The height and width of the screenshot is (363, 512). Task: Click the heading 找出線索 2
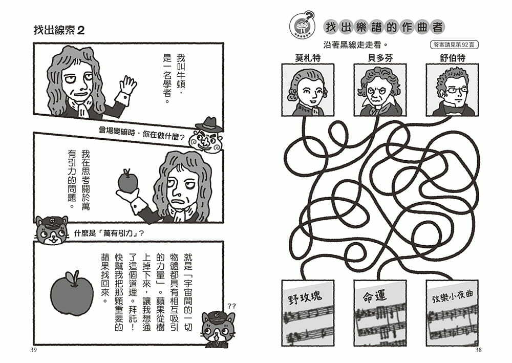(59, 30)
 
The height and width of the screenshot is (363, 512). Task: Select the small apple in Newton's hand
(127, 181)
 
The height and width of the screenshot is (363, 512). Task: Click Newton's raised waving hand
(127, 86)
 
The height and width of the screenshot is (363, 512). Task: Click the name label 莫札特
(308, 58)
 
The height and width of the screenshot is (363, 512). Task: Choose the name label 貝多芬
(380, 58)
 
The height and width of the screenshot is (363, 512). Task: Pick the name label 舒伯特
(452, 58)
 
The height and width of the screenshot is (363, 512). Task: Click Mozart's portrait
(308, 90)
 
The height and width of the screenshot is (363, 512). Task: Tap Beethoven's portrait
(380, 90)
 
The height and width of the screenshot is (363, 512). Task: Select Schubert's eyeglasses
(454, 90)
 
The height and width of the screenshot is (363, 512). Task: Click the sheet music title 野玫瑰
(305, 297)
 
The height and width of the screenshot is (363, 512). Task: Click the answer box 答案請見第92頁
(454, 45)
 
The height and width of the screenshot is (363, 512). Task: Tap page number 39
(33, 350)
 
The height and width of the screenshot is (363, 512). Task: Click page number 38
(478, 350)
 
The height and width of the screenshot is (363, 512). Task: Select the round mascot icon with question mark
(302, 24)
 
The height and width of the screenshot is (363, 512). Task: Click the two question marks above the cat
(231, 306)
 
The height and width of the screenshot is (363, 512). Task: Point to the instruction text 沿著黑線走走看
(356, 45)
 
